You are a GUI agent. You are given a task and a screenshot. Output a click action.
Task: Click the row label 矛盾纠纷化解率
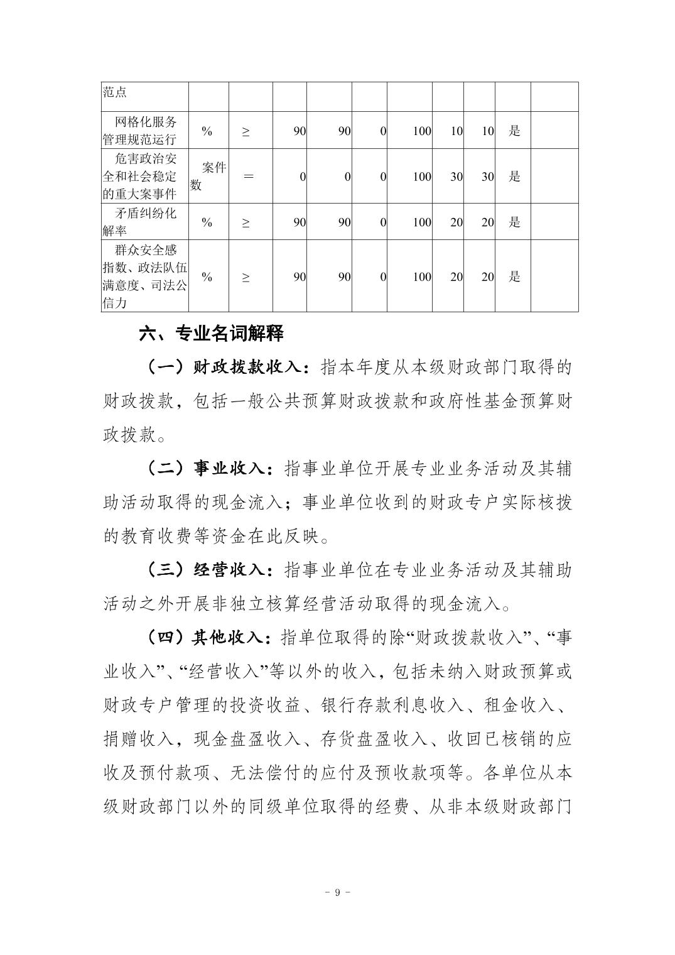tap(144, 222)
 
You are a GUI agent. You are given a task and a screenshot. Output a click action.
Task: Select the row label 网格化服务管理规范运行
tap(144, 131)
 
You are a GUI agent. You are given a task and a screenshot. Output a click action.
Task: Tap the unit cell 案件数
tap(208, 176)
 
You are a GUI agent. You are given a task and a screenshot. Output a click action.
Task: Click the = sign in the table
tap(249, 177)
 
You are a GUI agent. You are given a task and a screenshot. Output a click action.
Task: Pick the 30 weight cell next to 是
tap(487, 177)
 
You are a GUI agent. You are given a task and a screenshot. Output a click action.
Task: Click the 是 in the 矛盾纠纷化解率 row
tap(514, 222)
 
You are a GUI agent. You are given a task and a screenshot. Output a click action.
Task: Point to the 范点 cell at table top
tap(115, 92)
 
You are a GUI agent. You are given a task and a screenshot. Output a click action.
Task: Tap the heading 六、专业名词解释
tap(211, 333)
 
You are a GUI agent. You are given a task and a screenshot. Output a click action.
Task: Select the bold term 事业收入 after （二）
tap(232, 469)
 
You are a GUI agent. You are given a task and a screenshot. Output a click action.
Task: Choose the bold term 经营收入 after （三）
tap(232, 570)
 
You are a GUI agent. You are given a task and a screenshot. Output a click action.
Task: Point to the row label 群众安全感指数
tap(144, 276)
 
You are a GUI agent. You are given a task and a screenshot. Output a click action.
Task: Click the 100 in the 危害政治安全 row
tap(422, 177)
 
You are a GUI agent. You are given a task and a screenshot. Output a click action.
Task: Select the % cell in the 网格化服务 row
tap(207, 131)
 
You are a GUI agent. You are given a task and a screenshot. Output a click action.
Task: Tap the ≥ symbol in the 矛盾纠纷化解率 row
tap(246, 222)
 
